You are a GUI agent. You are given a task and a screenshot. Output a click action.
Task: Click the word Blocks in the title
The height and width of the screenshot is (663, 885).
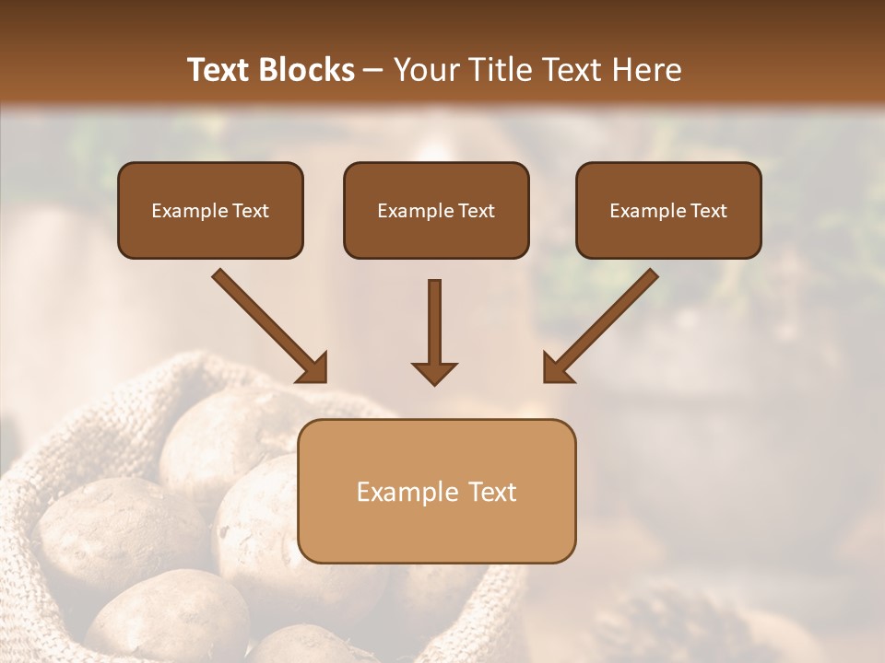(307, 70)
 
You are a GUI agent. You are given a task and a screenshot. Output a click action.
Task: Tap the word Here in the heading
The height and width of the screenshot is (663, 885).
(645, 70)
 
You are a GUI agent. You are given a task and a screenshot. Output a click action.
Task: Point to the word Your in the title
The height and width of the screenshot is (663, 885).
(424, 70)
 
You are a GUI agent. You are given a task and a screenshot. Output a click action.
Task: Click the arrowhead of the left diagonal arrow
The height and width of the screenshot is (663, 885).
(313, 368)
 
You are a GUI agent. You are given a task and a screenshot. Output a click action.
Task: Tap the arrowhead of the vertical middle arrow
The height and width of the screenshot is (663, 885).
(434, 373)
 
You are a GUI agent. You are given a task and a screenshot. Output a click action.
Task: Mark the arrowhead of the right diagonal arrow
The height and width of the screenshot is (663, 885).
(556, 368)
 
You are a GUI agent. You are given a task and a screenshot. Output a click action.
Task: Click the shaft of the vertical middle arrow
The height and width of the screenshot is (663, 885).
(434, 318)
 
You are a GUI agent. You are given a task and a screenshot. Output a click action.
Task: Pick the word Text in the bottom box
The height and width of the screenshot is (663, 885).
(493, 492)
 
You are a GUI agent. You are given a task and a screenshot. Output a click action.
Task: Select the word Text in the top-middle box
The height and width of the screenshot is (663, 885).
(476, 211)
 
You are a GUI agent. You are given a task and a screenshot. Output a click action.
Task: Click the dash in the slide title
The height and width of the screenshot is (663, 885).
(373, 71)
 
